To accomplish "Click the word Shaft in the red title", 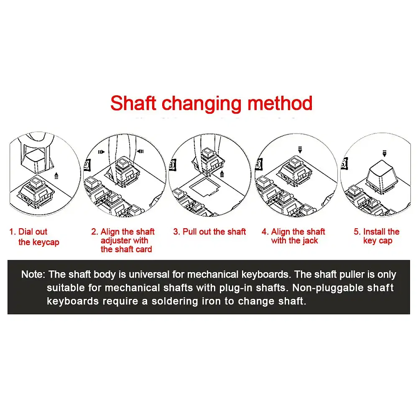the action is pyautogui.click(x=133, y=103).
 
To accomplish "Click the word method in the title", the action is pyautogui.click(x=280, y=103).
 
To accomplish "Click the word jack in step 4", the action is pyautogui.click(x=310, y=240).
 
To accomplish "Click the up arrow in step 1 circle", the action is pyautogui.click(x=56, y=176).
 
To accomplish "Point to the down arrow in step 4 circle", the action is pyautogui.click(x=300, y=150).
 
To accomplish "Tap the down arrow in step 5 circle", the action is pyautogui.click(x=384, y=153).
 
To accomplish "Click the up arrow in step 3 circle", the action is pyautogui.click(x=222, y=174).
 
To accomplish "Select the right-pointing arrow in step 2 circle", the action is pyautogui.click(x=101, y=152).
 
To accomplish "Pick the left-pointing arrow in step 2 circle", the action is pyautogui.click(x=140, y=151).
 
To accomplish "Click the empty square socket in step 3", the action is pyautogui.click(x=205, y=187).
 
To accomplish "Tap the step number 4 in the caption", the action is pyautogui.click(x=264, y=232).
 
